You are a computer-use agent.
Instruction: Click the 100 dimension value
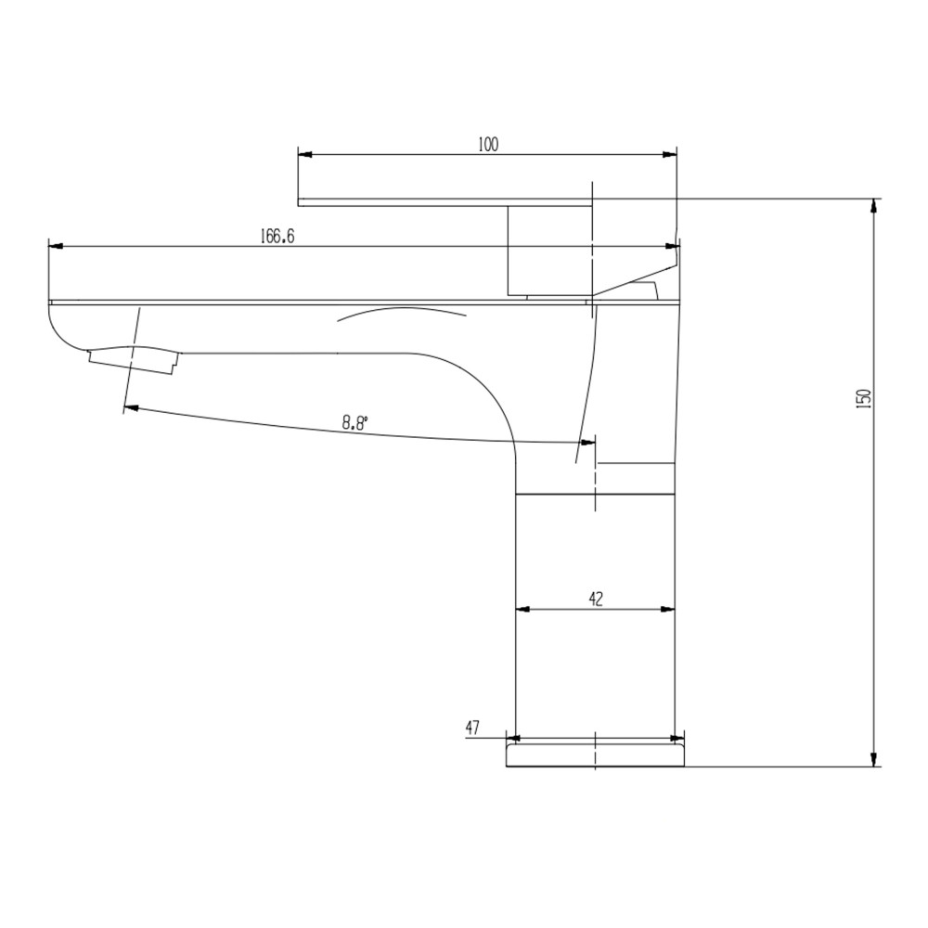coord(488,144)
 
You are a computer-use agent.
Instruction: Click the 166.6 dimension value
coord(277,237)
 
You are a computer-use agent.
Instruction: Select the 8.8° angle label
coord(354,422)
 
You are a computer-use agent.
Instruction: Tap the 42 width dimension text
coord(595,599)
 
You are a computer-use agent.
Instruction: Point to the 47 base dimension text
coord(471,728)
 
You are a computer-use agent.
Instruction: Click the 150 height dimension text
coord(863,398)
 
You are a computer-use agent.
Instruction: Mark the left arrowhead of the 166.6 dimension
coord(55,247)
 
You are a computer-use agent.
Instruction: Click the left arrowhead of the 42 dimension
coord(522,610)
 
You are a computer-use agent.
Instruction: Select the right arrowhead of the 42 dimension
coord(668,610)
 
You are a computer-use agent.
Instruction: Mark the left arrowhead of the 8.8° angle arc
coord(131,407)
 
